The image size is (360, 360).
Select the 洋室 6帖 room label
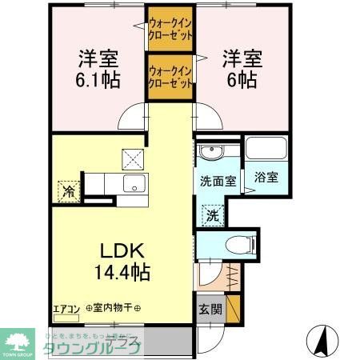point(239,68)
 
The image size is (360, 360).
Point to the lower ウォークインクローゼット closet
point(170,75)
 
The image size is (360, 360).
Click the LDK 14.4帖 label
point(121,261)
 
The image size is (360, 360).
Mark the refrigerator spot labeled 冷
point(68,191)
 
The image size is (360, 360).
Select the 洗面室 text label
point(217,181)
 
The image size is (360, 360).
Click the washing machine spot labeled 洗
point(212,214)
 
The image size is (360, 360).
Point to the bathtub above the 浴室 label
point(264,150)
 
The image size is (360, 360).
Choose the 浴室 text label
point(266,178)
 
